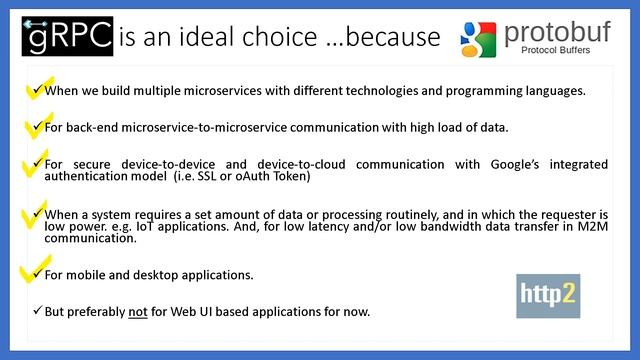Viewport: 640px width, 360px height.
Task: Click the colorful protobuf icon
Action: coord(478,37)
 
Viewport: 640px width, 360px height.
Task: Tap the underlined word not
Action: coord(139,311)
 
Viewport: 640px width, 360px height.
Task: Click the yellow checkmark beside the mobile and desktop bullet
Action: coord(35,272)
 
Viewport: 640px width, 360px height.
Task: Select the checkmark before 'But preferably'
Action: coord(37,311)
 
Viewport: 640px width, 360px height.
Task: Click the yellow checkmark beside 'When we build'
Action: coord(35,90)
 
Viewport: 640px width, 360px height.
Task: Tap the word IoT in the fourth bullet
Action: coord(146,226)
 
